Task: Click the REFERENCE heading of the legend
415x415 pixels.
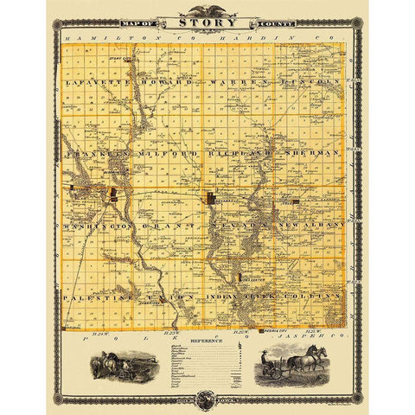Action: click(207, 341)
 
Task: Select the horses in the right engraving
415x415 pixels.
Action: click(304, 357)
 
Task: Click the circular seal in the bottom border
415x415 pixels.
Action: click(207, 399)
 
